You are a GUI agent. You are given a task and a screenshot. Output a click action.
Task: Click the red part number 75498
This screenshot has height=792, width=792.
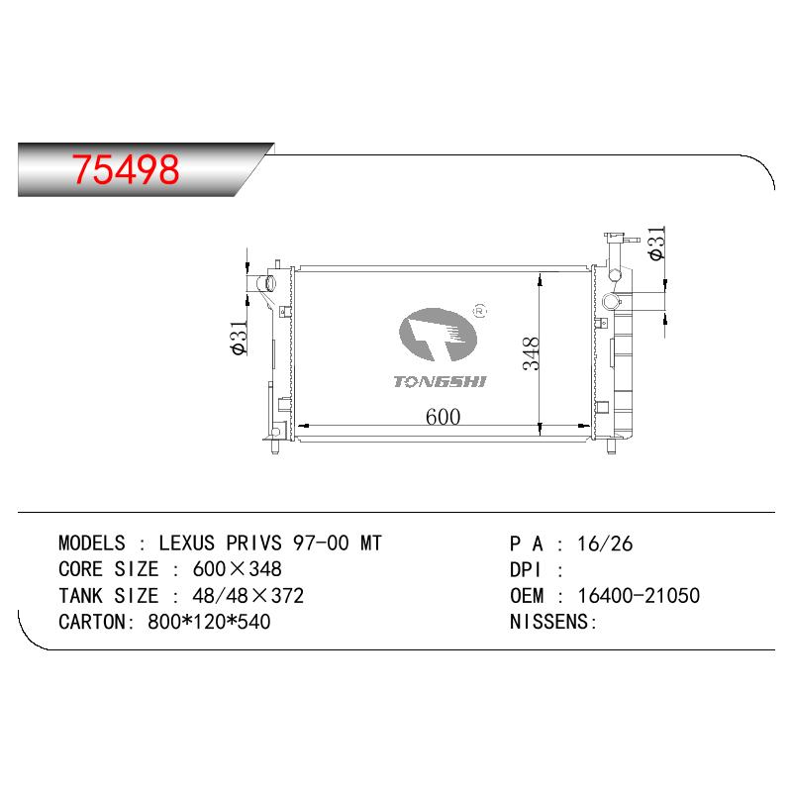[126, 169]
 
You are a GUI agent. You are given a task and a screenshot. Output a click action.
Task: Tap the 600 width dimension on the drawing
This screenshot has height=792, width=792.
[443, 417]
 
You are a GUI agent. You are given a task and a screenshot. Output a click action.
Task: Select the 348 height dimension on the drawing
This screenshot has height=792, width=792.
[531, 353]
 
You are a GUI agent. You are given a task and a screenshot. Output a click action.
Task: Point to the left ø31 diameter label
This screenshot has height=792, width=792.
[239, 337]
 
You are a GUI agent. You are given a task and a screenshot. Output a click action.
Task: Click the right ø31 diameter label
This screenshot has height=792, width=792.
[657, 244]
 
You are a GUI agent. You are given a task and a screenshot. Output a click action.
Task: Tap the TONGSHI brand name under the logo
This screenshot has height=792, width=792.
[440, 382]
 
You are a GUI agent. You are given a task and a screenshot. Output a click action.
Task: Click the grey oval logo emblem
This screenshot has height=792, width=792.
[438, 335]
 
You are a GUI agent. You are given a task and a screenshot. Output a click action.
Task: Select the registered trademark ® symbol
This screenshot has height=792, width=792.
[480, 311]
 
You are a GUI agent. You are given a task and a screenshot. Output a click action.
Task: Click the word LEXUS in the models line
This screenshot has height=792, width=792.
[187, 543]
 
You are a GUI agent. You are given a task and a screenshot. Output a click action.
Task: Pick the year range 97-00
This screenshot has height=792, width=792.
[321, 543]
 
